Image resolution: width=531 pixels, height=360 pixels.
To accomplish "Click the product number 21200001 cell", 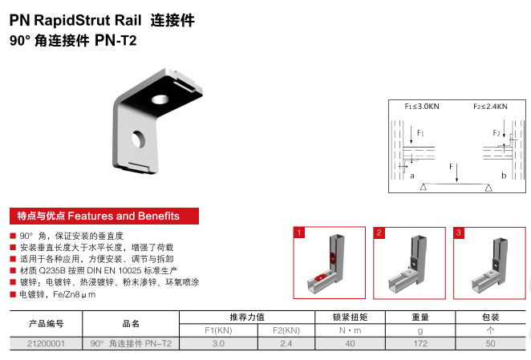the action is point(46,343).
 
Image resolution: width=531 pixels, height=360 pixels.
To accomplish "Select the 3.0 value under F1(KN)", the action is point(218,343).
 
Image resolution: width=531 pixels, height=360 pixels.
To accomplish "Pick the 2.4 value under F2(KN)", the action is point(286,343).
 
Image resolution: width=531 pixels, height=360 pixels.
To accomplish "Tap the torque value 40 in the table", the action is point(350,343).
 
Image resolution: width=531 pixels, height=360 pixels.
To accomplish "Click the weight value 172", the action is point(420,343).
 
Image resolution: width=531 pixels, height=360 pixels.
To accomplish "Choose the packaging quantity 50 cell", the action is point(490,343).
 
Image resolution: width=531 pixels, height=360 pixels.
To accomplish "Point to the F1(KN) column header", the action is point(218,330).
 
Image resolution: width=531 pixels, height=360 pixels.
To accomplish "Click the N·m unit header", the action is point(351,330).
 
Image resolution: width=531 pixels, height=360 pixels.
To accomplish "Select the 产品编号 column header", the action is point(46,324).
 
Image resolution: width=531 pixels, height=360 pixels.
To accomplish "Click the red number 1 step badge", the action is point(299,233).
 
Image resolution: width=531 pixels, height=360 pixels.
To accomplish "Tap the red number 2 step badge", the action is point(379,233).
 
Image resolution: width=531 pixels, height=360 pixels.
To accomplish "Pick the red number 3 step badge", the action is point(459,233).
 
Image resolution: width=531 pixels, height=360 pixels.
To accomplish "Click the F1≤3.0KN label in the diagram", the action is point(422,107).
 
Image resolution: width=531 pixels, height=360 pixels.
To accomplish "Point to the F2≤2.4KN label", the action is point(490,107).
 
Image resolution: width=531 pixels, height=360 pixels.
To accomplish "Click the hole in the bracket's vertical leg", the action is point(138,139).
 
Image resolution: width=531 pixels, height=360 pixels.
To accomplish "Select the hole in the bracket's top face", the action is point(160,99).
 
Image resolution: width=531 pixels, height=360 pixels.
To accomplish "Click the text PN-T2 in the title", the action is point(116,41).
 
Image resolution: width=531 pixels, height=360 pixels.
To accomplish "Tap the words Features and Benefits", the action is point(124,216).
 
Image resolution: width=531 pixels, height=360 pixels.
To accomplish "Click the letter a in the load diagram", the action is point(412,176).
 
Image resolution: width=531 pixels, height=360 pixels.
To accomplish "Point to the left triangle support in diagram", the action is point(424,187).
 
